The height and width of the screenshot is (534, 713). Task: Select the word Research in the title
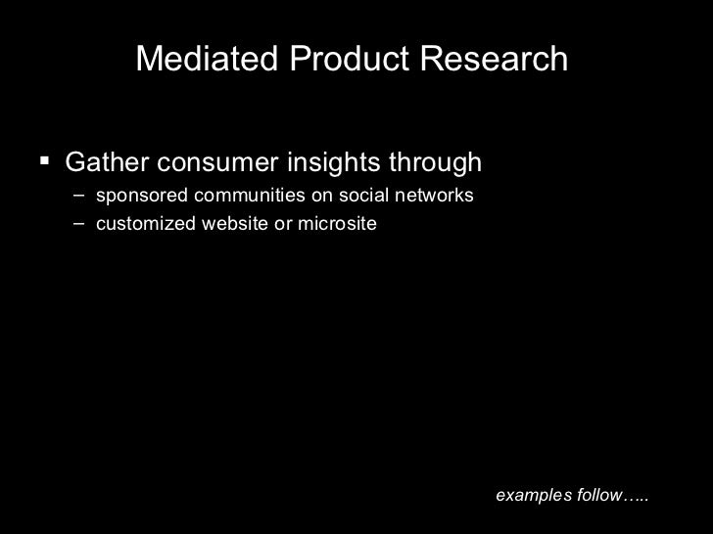[x=497, y=60]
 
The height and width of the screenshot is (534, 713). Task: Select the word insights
[x=318, y=161]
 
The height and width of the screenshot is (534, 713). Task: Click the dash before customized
[x=77, y=224]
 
